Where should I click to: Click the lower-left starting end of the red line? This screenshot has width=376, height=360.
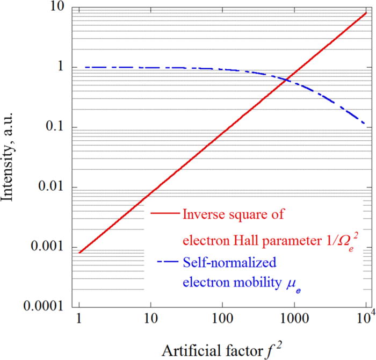pyautogui.click(x=79, y=253)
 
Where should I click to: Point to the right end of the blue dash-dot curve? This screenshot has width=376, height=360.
pyautogui.click(x=365, y=124)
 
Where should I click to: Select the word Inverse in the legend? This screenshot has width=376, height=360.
pyautogui.click(x=201, y=214)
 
